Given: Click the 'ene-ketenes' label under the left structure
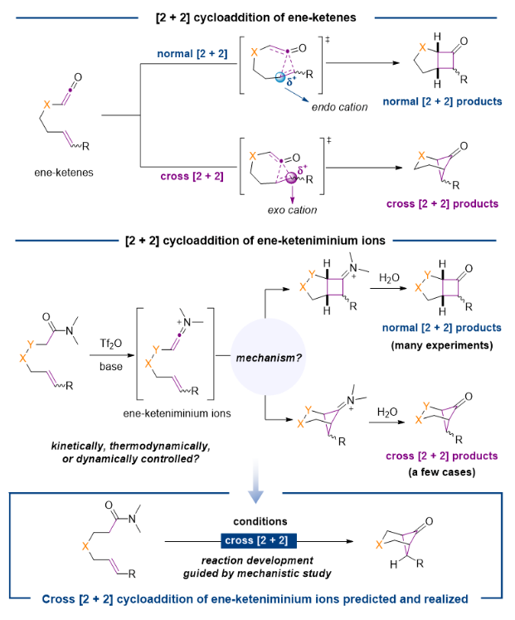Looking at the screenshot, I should pyautogui.click(x=57, y=175).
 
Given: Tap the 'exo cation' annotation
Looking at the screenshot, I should pyautogui.click(x=291, y=210).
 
